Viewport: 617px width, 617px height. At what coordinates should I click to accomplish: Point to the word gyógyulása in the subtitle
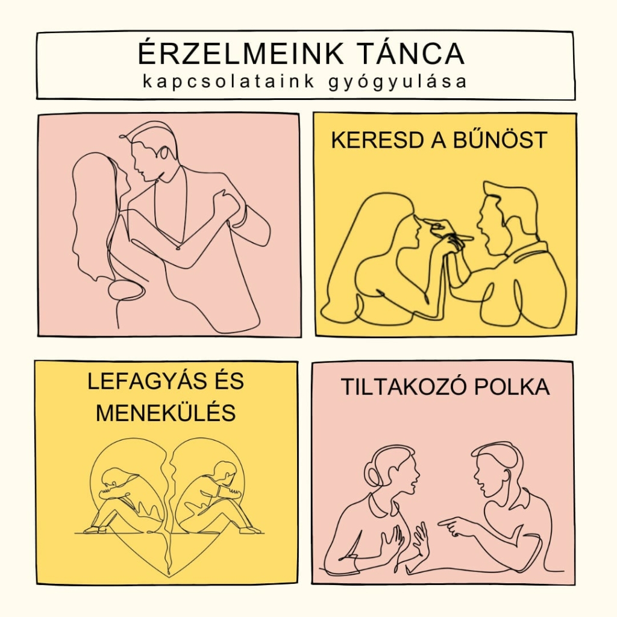(398, 82)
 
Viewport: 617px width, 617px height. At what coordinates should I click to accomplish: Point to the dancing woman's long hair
(95, 216)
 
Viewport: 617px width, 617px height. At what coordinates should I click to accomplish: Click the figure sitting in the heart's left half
(126, 500)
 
